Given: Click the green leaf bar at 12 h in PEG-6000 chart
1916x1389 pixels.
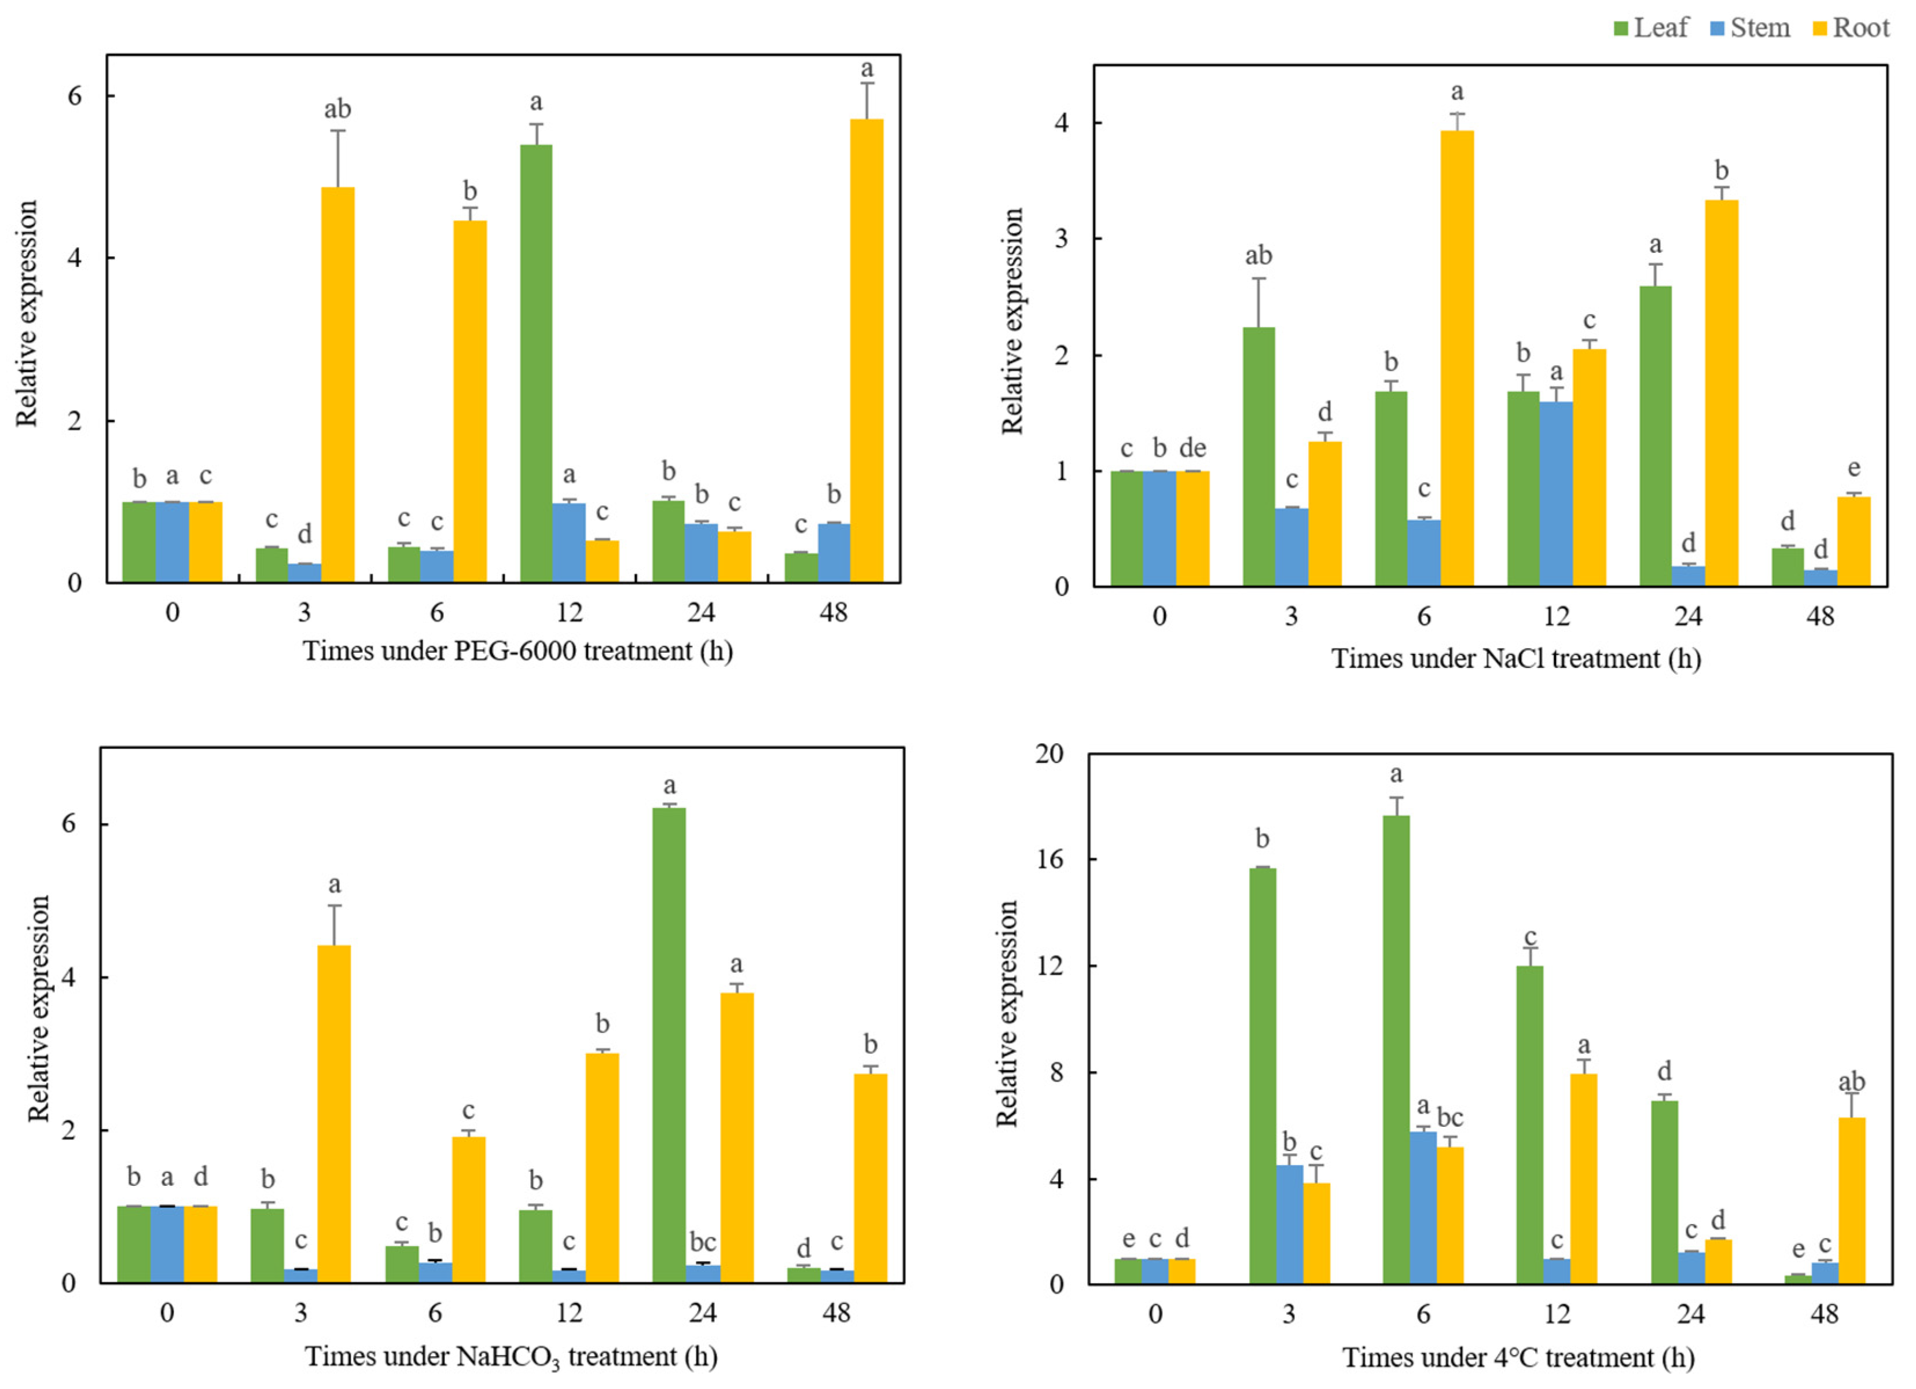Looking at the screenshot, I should pos(535,363).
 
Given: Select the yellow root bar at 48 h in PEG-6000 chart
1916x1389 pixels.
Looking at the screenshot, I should pos(867,351).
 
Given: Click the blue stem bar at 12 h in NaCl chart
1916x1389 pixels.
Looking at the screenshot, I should pos(1555,494).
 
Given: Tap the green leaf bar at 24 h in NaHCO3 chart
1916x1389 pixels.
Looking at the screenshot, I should pos(669,1046).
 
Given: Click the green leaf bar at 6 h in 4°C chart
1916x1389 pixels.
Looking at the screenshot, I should pos(1396,1050).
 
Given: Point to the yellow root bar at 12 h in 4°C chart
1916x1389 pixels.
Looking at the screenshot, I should pos(1583,1178).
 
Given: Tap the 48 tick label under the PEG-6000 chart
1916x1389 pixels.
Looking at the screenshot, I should pos(833,612).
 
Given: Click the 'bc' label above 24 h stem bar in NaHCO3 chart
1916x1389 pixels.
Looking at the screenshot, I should pos(702,1242).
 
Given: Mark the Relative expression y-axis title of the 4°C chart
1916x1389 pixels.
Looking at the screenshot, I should pos(1007,1014).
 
